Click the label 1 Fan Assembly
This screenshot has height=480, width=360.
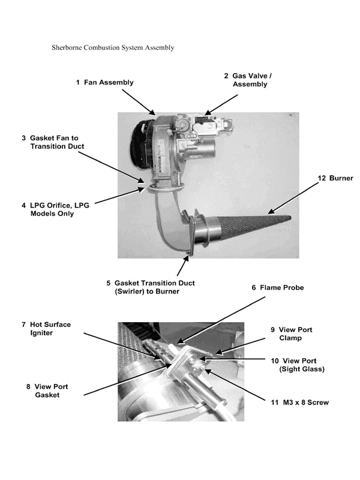click(104, 82)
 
